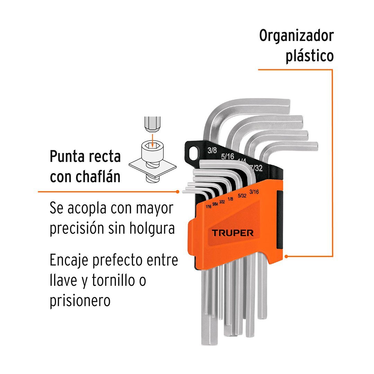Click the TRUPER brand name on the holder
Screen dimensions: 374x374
(232, 232)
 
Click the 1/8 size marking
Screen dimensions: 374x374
(230, 199)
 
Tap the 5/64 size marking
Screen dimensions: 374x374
(215, 204)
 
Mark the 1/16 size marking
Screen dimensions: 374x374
(208, 206)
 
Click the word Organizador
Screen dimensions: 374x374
(296, 36)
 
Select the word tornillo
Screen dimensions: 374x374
(115, 280)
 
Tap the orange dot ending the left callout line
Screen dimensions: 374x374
(178, 191)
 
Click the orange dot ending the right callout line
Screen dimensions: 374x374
(286, 257)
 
